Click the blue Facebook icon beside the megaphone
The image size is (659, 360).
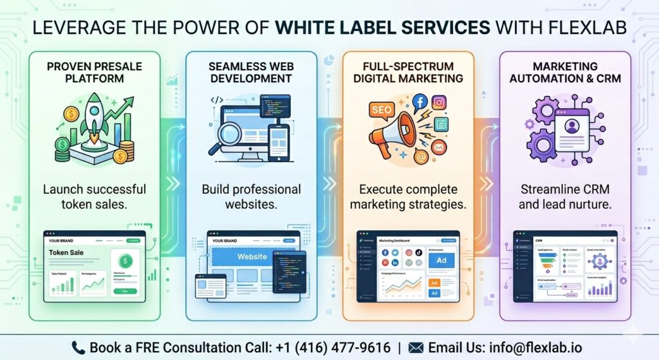[420, 101]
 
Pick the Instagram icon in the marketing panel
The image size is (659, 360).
[440, 102]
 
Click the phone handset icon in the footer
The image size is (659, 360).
[79, 348]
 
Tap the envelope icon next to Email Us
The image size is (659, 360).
[416, 348]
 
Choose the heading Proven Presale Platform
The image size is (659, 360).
[95, 73]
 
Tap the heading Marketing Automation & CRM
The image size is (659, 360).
[566, 73]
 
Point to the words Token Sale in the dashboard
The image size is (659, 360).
[67, 253]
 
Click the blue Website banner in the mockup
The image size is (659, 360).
[252, 256]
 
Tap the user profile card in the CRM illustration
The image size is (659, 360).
[571, 127]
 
